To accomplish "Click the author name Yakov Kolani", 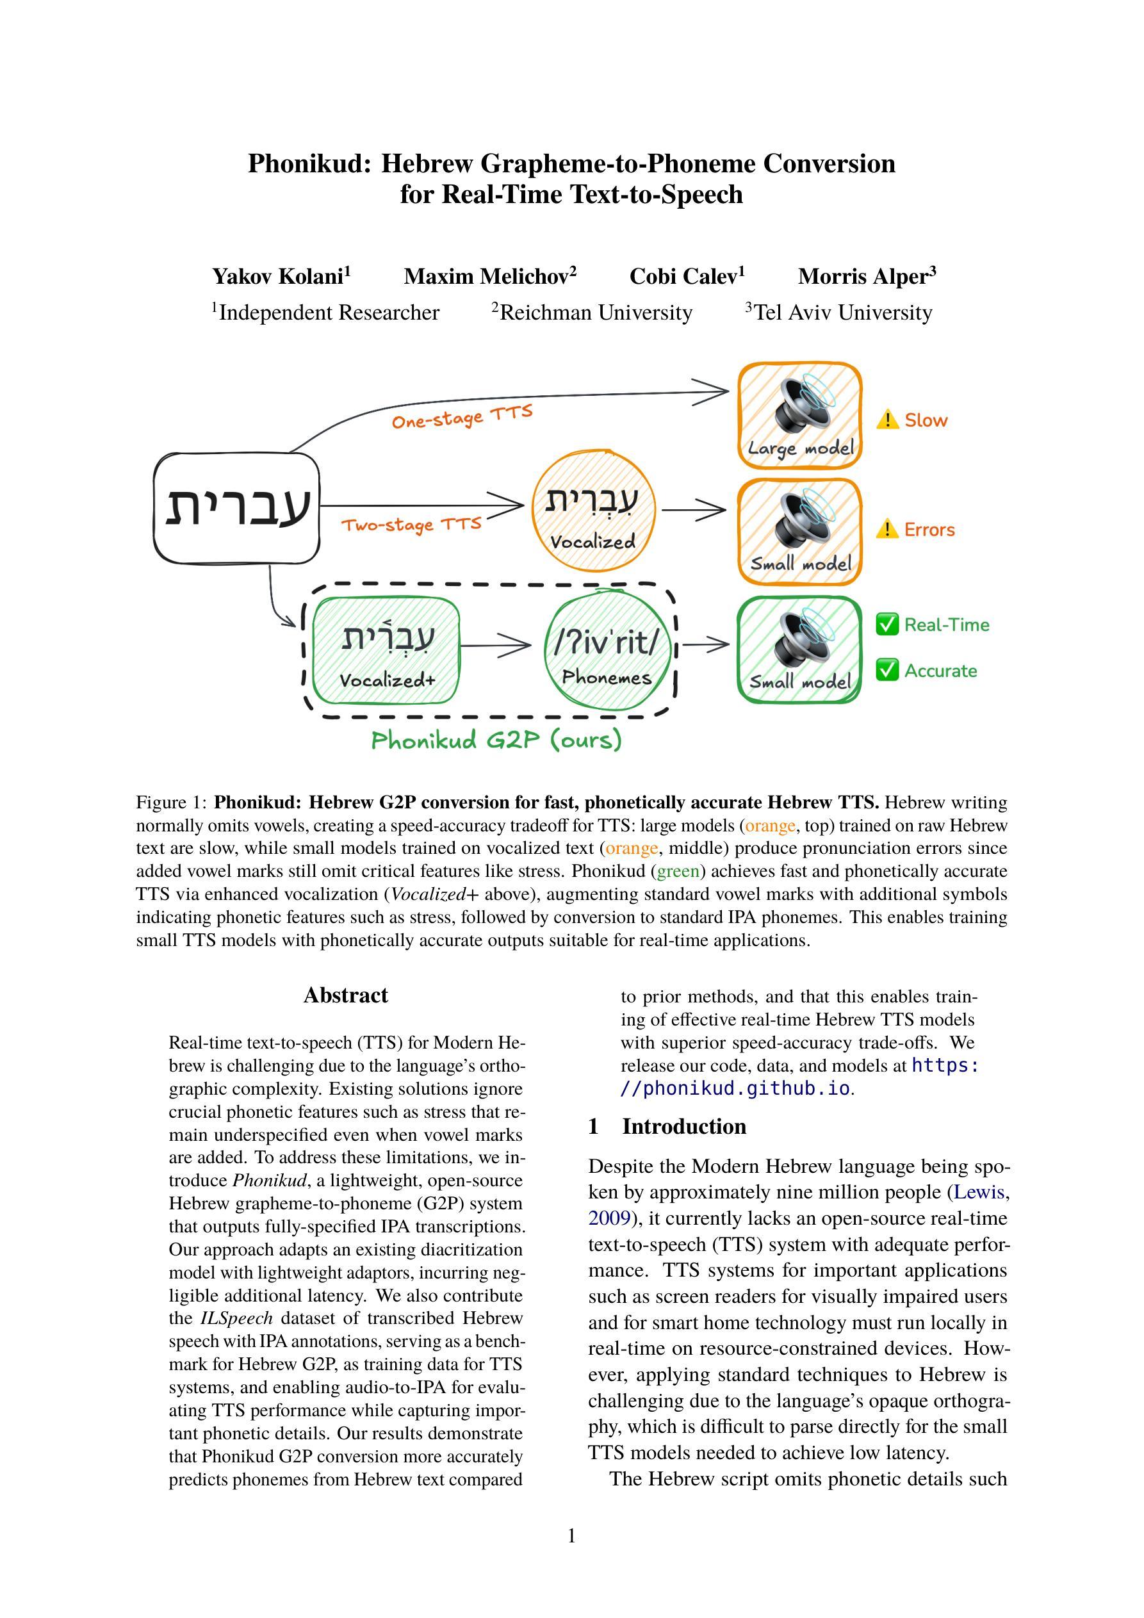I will (281, 276).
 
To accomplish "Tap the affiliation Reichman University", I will (592, 312).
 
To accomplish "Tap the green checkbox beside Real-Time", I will (887, 625).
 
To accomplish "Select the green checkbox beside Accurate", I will (887, 670).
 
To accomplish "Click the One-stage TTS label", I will (462, 416).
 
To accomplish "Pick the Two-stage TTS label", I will (411, 525).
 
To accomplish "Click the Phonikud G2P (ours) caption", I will (496, 740).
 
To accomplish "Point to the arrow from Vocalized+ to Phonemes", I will (496, 645).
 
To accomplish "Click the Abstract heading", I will (345, 995).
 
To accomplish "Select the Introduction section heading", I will (683, 1126).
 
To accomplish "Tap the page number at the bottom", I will (571, 1535).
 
